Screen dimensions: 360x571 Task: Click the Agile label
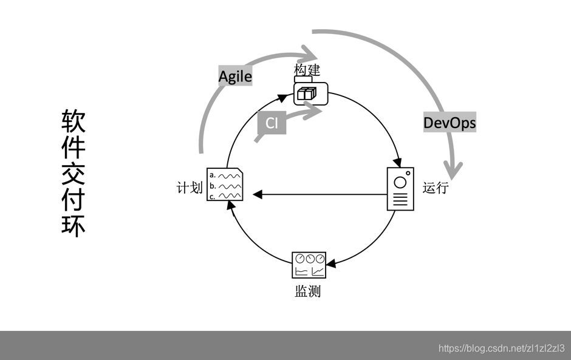point(235,76)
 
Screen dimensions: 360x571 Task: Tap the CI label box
point(272,123)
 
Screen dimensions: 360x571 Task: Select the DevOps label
point(450,123)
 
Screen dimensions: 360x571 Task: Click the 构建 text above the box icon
point(307,70)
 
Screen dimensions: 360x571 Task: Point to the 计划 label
point(189,188)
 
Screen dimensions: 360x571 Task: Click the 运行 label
point(436,188)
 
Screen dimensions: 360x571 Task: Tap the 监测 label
point(307,291)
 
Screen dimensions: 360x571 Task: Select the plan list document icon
point(225,184)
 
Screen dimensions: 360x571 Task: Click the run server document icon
point(400,189)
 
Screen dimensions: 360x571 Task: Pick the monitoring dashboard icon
point(309,265)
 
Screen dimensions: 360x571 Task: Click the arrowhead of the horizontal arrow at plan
point(257,194)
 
